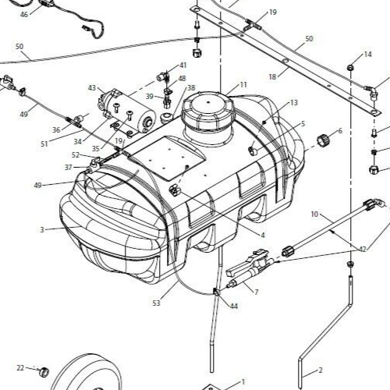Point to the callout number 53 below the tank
coord(156,303)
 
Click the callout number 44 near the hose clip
coord(234,307)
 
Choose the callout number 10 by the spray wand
coord(314,213)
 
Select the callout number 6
coord(339,131)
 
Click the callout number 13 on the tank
coord(293,102)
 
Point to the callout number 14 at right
coord(369,55)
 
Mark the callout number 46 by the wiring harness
coord(23,14)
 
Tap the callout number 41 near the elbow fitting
coord(183,66)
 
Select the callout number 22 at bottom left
coord(20,367)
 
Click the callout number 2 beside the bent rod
coord(320,371)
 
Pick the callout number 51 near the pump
coord(44,143)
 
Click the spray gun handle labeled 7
coord(248,269)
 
